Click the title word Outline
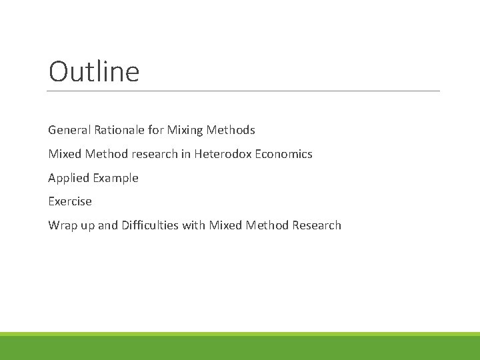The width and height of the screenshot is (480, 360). [x=94, y=72]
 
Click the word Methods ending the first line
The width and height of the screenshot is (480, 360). [x=232, y=130]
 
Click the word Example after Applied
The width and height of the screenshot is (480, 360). [x=116, y=178]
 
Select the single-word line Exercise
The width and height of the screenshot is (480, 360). [x=70, y=201]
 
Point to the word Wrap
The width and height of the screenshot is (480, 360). [x=63, y=225]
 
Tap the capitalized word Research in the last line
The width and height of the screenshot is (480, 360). [x=316, y=225]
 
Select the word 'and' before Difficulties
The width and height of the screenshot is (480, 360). [x=108, y=225]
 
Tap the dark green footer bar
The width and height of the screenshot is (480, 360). [x=240, y=348]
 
